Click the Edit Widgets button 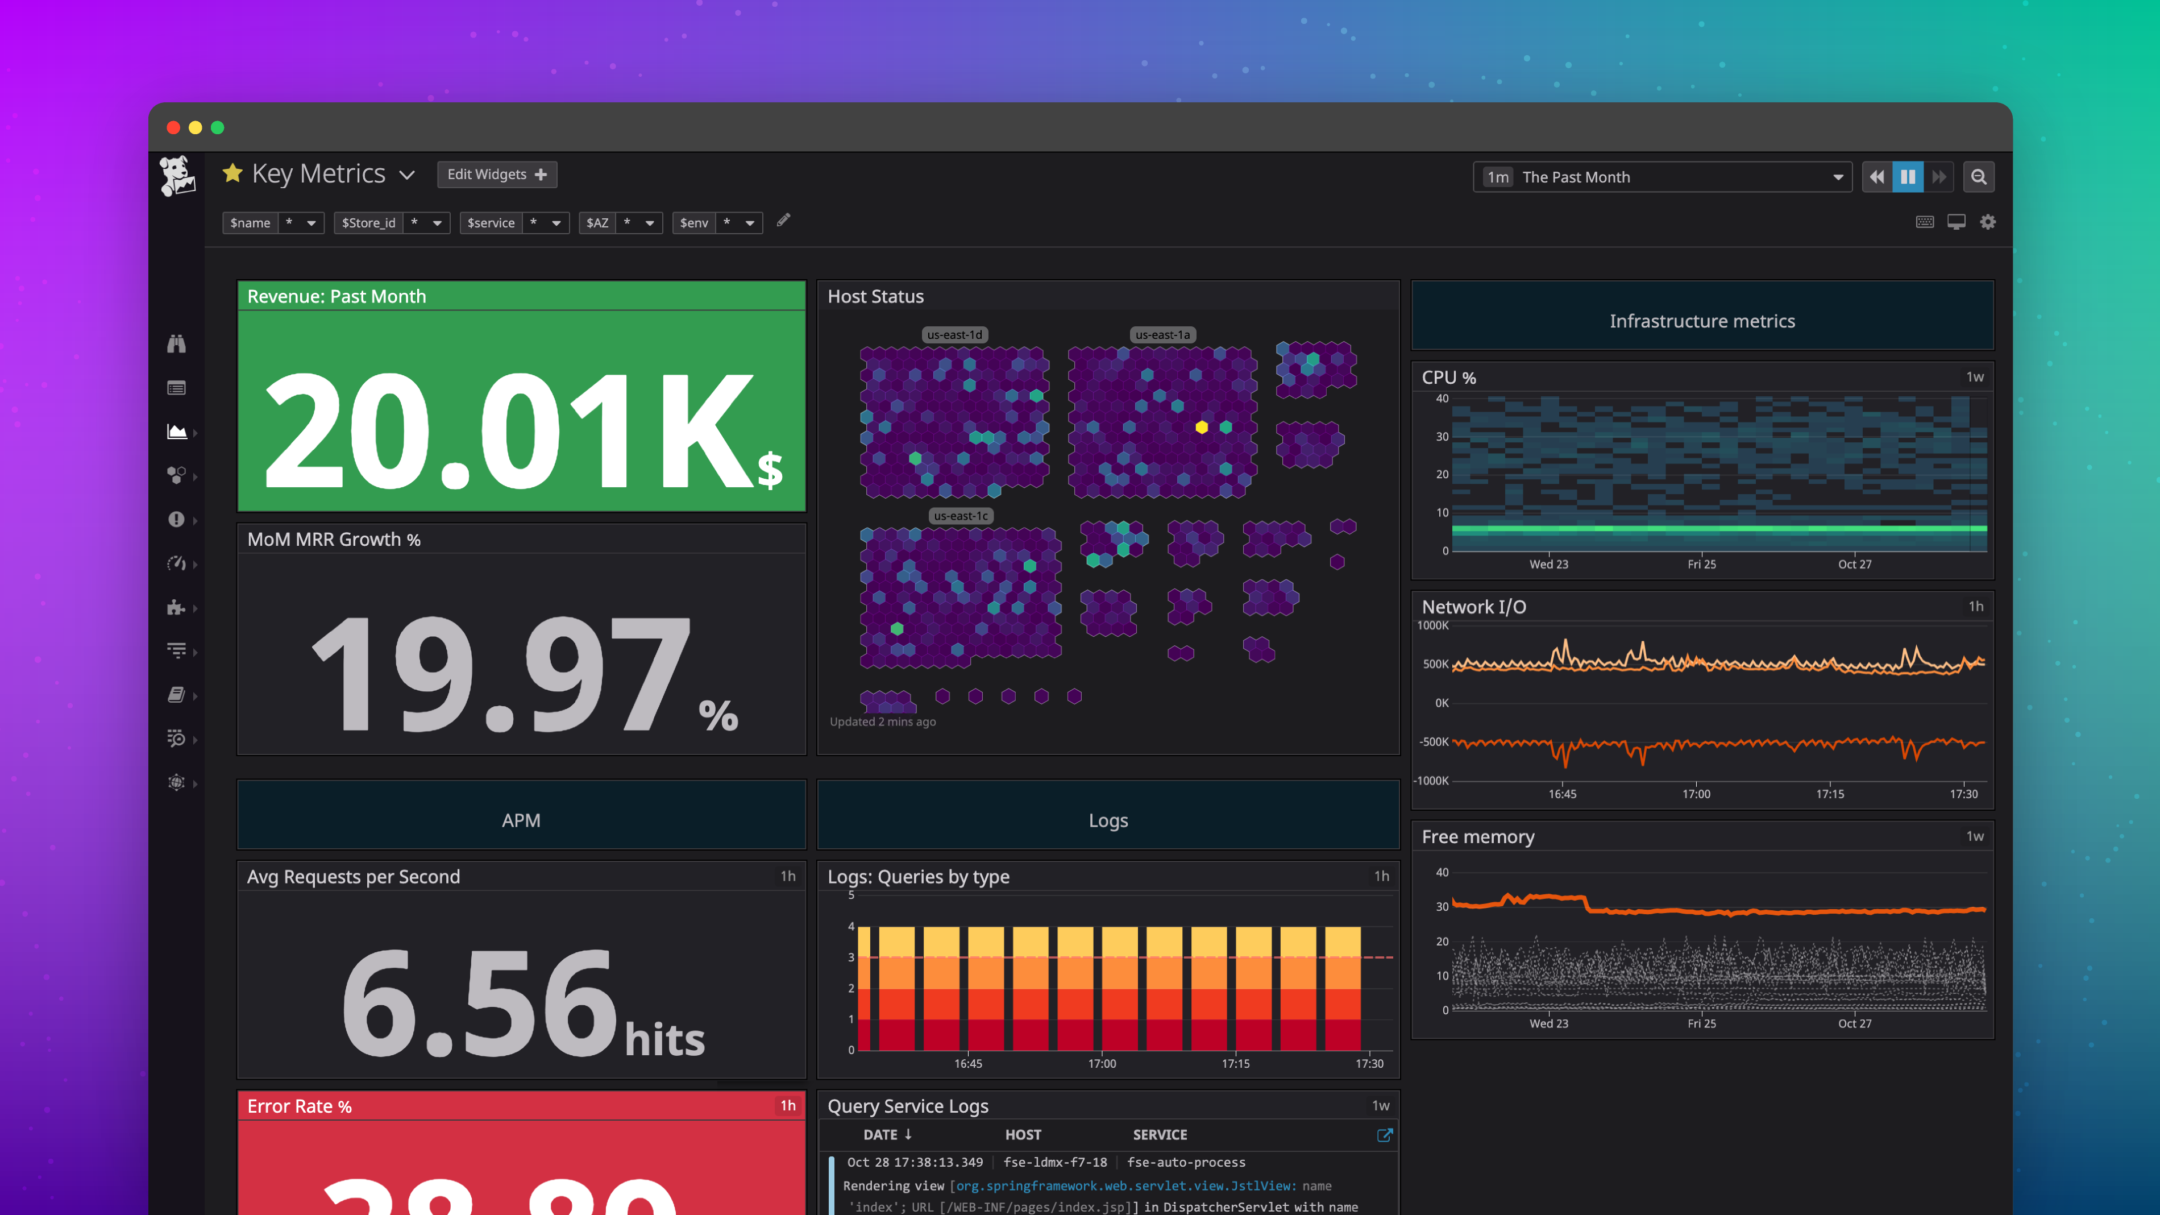tap(496, 175)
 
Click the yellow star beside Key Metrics tap(232, 173)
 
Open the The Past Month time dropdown tap(1662, 177)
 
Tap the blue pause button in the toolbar tap(1908, 177)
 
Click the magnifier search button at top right tap(1979, 177)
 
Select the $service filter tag tap(491, 223)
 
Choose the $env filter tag tap(693, 223)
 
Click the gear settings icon tap(1988, 222)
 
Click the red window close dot tap(173, 127)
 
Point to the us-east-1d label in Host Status tap(954, 334)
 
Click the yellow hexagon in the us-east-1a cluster tap(1202, 428)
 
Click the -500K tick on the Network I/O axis tap(1434, 742)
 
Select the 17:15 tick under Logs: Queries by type tap(1235, 1063)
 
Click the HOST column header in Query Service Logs tap(1023, 1134)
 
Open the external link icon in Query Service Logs tap(1384, 1134)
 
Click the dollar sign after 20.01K tap(770, 470)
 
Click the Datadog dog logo tap(177, 176)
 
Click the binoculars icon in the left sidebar tap(176, 344)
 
